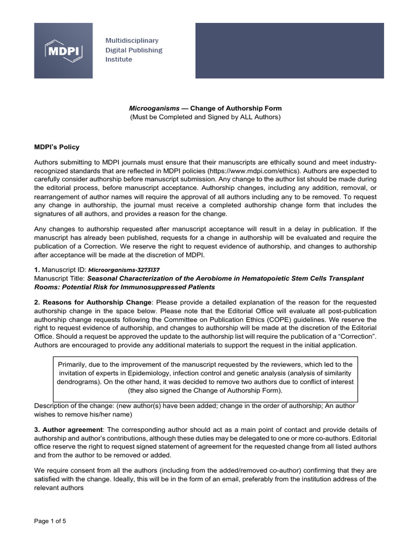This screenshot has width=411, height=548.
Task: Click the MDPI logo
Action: (63, 51)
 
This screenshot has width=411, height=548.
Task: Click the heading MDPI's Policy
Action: (57, 147)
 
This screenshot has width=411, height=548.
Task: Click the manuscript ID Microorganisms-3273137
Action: (124, 270)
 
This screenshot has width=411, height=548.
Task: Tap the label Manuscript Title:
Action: (59, 279)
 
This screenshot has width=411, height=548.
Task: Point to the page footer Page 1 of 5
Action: (50, 521)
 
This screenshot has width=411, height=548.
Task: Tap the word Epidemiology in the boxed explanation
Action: (166, 374)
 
